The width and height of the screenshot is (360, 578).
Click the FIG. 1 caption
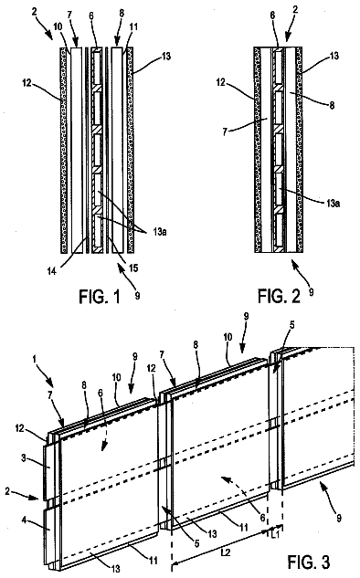[100, 297]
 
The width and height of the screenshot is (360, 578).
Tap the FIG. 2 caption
[279, 296]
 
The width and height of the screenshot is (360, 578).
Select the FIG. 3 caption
[308, 562]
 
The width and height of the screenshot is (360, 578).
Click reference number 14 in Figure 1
[52, 271]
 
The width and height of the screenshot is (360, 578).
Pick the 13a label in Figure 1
[159, 232]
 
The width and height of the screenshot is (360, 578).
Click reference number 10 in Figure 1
[58, 26]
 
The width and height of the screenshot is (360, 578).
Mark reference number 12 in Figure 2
[220, 82]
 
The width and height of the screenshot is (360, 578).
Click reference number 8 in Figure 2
[332, 105]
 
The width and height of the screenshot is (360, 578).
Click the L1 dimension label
[275, 533]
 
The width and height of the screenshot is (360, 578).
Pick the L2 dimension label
[227, 552]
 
